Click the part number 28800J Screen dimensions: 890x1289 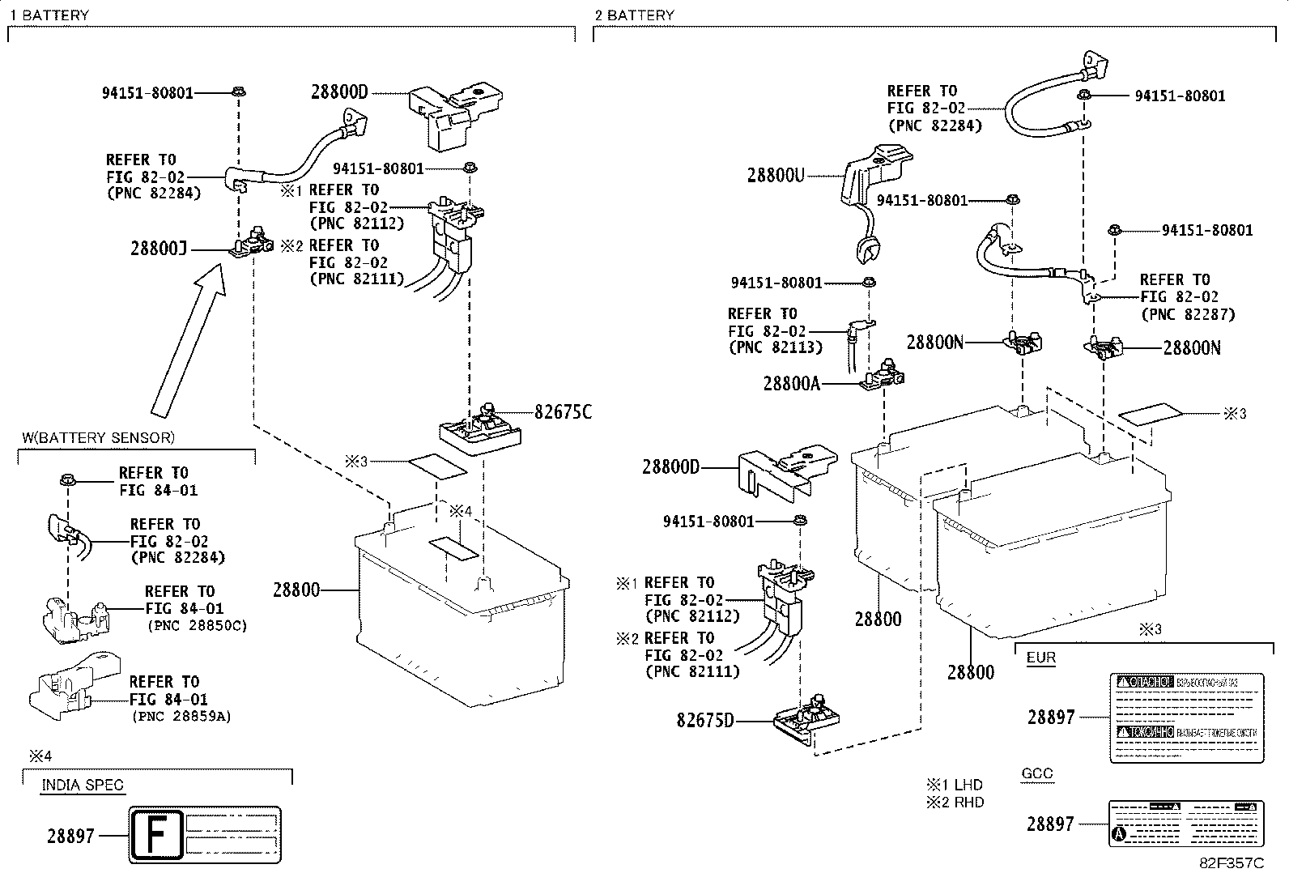[x=158, y=249]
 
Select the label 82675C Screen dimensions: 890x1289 [x=562, y=412]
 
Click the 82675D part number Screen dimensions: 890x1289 [x=705, y=720]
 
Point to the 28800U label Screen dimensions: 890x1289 [x=775, y=175]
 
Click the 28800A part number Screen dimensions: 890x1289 [x=791, y=383]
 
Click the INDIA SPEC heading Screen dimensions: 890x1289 [x=83, y=786]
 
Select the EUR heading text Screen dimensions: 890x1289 [x=1040, y=658]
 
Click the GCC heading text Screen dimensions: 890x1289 [x=1036, y=773]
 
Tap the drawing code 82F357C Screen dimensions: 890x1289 [x=1231, y=863]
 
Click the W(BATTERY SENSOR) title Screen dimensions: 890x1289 [x=98, y=438]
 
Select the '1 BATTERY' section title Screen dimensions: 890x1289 [x=49, y=15]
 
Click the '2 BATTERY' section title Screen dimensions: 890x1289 [x=634, y=15]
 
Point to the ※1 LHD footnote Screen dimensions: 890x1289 [x=955, y=785]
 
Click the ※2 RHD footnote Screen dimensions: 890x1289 [x=955, y=803]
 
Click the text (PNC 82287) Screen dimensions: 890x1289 [x=1188, y=314]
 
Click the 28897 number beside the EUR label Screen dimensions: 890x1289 [x=1051, y=717]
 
